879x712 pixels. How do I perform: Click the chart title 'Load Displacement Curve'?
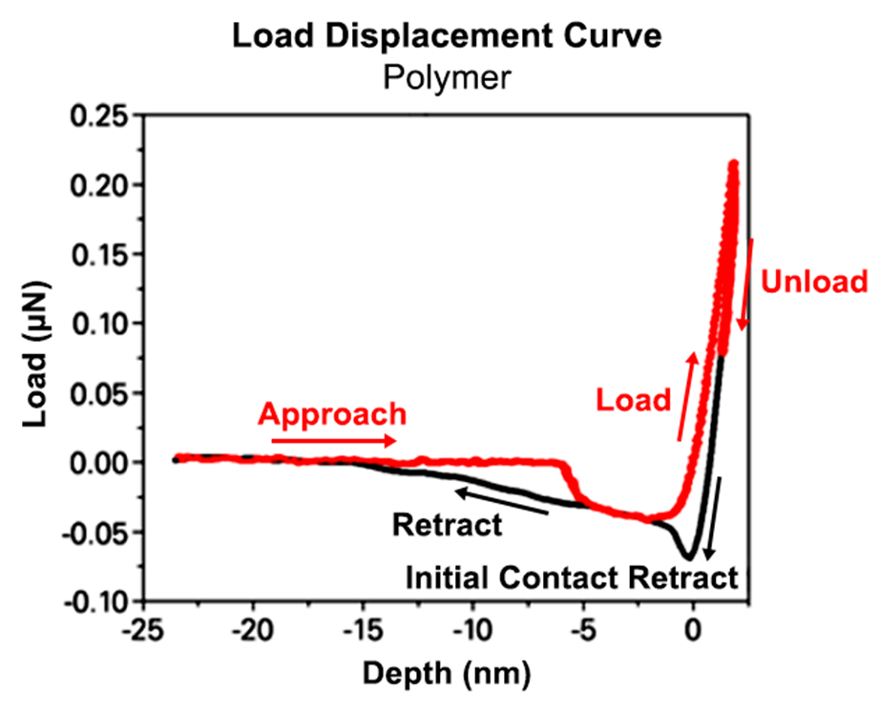pyautogui.click(x=449, y=37)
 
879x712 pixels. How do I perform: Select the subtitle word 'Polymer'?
pyautogui.click(x=449, y=75)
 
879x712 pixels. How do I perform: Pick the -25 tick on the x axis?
pyautogui.click(x=143, y=631)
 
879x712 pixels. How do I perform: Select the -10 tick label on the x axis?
pyautogui.click(x=473, y=631)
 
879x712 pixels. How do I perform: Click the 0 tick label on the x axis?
pyautogui.click(x=694, y=631)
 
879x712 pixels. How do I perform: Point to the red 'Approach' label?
pyautogui.click(x=333, y=414)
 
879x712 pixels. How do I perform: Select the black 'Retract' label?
pyautogui.click(x=448, y=523)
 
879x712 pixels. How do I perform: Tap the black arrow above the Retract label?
pyautogui.click(x=501, y=501)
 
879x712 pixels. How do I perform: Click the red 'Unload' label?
pyautogui.click(x=814, y=283)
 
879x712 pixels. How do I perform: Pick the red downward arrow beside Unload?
pyautogui.click(x=745, y=283)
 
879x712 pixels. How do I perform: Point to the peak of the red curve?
pyautogui.click(x=734, y=165)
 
